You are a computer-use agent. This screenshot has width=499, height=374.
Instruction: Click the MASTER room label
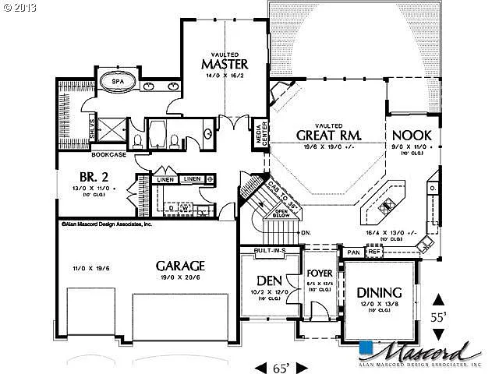click(x=225, y=62)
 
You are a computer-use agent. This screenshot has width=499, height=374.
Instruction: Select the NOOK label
click(x=412, y=134)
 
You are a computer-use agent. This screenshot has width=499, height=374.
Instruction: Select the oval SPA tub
click(x=119, y=81)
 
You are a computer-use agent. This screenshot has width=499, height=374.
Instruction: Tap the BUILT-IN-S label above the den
click(x=271, y=250)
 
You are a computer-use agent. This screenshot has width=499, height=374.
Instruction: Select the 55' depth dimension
click(x=440, y=318)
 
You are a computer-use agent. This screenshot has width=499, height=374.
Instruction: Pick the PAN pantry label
click(x=353, y=252)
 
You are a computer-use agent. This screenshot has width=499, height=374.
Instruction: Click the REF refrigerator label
click(x=373, y=252)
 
